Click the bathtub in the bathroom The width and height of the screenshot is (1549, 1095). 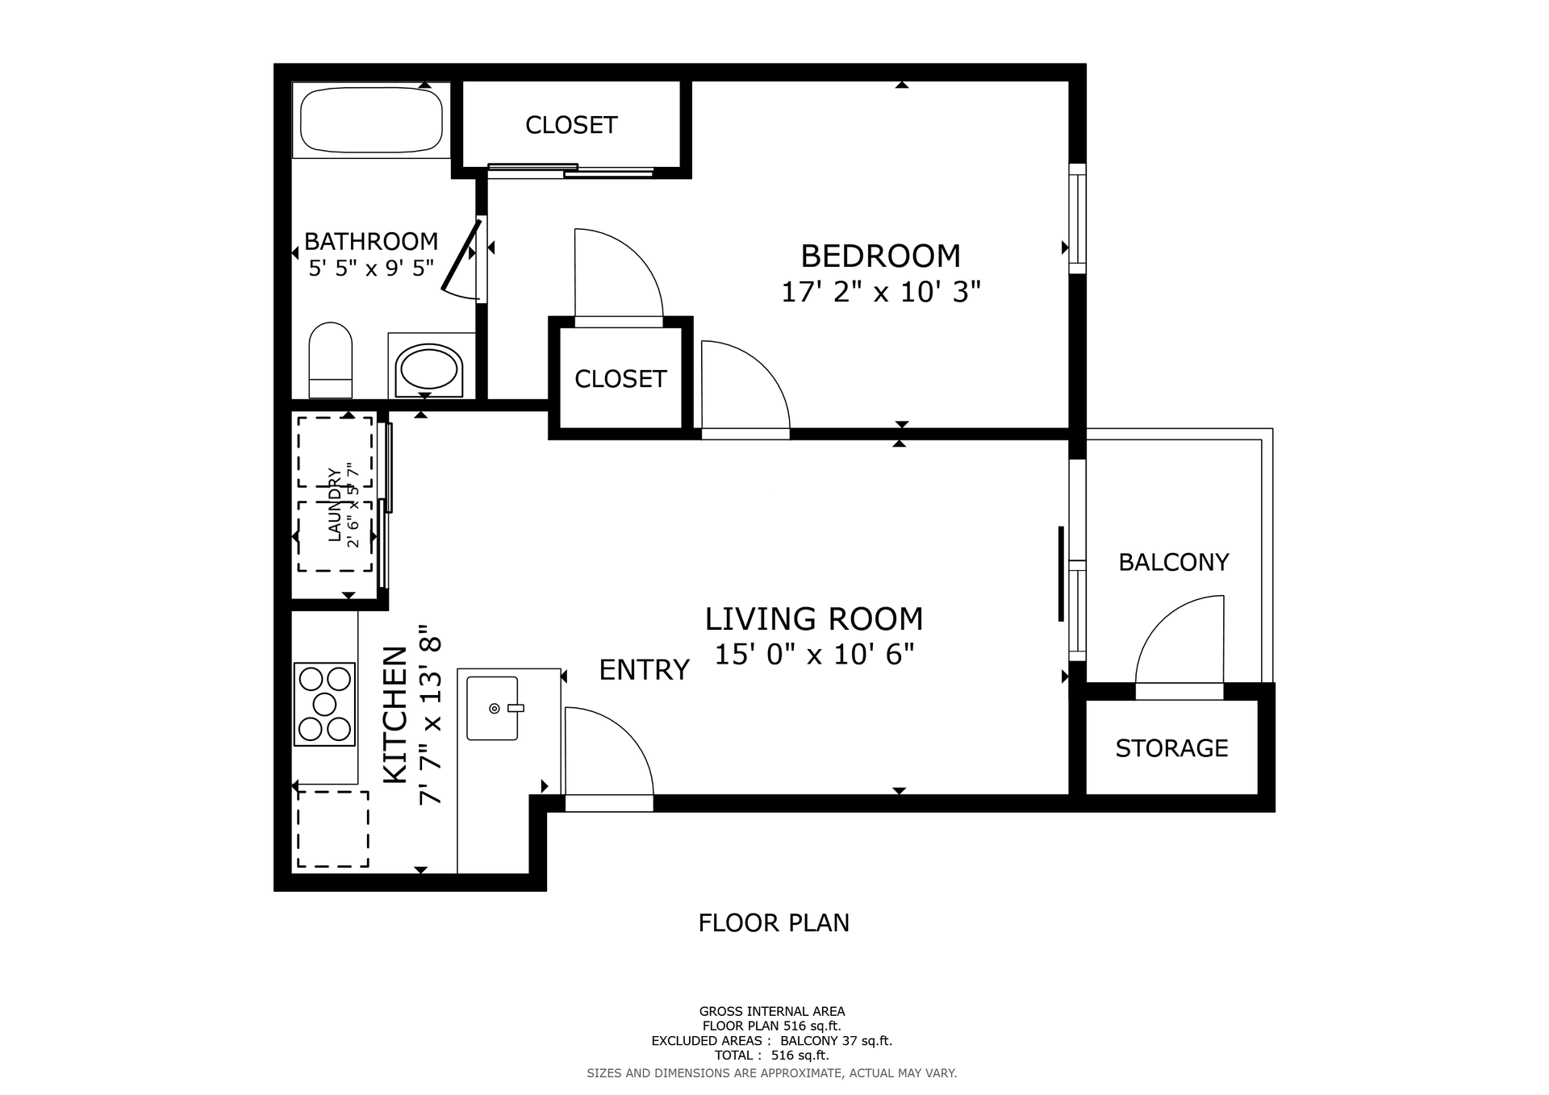pyautogui.click(x=371, y=120)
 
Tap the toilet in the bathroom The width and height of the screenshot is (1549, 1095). pyautogui.click(x=331, y=360)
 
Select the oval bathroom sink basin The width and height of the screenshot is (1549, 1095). pyautogui.click(x=429, y=369)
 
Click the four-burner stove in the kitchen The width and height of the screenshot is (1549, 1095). pyautogui.click(x=324, y=704)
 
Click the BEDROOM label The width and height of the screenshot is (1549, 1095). pyautogui.click(x=880, y=256)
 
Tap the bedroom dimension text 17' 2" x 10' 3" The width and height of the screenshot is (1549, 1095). pyautogui.click(x=880, y=292)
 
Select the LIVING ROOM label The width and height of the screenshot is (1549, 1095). pyautogui.click(x=814, y=619)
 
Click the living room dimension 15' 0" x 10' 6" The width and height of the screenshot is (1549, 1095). pyautogui.click(x=814, y=654)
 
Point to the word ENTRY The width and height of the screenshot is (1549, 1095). pyautogui.click(x=644, y=670)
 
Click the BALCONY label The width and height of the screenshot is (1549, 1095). pyautogui.click(x=1174, y=562)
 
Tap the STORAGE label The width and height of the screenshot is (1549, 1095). pyautogui.click(x=1171, y=748)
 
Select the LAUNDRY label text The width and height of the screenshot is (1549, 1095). pyautogui.click(x=334, y=505)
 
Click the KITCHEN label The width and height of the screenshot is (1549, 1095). pyautogui.click(x=395, y=714)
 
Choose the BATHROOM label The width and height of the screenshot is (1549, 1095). pyautogui.click(x=371, y=241)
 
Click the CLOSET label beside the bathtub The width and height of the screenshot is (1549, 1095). pyautogui.click(x=571, y=125)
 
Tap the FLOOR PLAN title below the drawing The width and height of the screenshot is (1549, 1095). pyautogui.click(x=774, y=922)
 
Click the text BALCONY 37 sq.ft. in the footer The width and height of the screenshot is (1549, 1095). pyautogui.click(x=836, y=1041)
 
